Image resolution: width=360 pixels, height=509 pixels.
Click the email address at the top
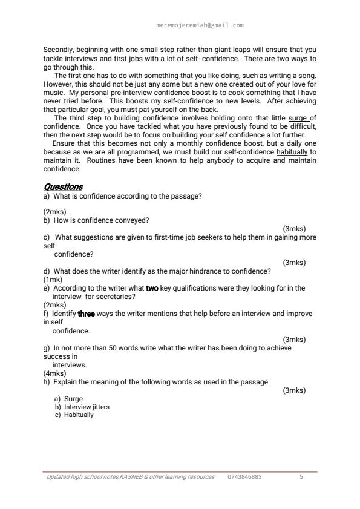200,25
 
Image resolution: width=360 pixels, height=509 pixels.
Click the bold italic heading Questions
63,187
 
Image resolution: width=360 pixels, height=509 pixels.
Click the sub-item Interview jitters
82,407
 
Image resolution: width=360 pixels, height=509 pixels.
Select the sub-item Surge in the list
73,399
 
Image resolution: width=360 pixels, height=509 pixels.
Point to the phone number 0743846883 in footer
245,477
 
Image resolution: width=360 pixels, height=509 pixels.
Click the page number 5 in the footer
301,477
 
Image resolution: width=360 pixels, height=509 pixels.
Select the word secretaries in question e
117,297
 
